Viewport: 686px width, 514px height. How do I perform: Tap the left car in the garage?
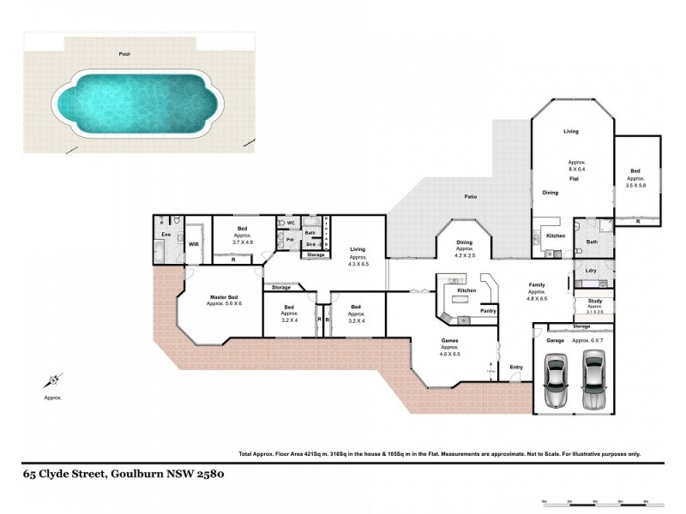556,384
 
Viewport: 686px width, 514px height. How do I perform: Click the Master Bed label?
225,298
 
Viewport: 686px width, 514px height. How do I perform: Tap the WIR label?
194,244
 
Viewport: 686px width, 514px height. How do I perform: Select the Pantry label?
488,311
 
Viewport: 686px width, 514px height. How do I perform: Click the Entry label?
515,368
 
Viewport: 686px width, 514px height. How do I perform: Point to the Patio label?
471,196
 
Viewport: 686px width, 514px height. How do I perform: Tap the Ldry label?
591,271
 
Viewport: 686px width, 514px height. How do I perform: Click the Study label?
594,301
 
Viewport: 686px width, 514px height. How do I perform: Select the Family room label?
537,284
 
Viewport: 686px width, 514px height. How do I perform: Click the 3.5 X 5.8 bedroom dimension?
635,186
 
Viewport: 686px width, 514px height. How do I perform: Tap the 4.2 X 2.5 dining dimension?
464,255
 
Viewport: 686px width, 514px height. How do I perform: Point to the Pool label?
125,53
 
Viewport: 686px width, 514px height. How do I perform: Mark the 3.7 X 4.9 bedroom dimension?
244,242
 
